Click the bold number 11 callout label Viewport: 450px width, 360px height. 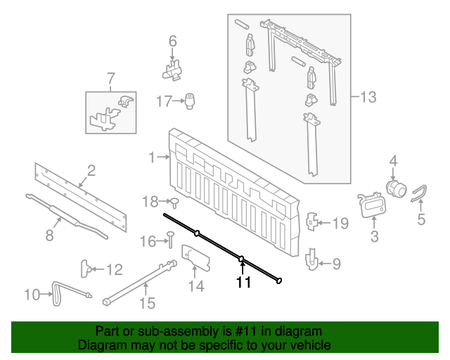pos(243,283)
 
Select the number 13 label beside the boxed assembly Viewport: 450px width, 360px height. pos(368,97)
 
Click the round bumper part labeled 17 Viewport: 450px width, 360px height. pos(189,101)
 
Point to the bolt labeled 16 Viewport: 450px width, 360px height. pos(170,239)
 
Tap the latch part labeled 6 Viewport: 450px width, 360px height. pos(172,69)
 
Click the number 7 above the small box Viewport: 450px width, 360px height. pos(109,77)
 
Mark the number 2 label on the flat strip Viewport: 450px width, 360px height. pos(91,169)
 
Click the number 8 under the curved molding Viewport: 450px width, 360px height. pos(49,236)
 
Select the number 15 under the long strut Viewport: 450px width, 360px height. pos(146,304)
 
